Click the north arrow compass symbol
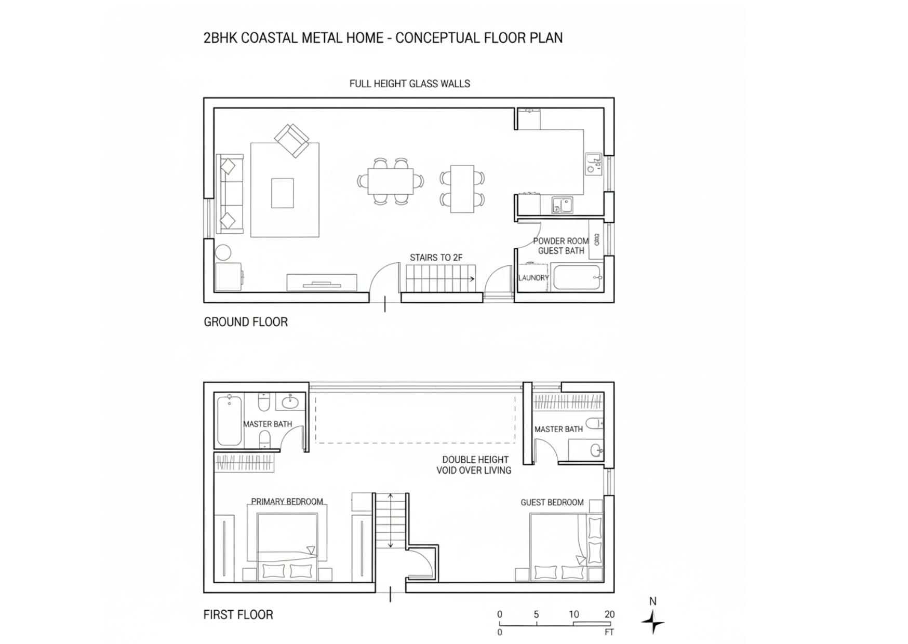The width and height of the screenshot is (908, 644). (x=653, y=621)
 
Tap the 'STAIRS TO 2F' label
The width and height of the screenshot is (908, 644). (x=436, y=258)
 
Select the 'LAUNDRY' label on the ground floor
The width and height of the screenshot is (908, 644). (x=533, y=278)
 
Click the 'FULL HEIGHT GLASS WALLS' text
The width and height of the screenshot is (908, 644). (x=409, y=84)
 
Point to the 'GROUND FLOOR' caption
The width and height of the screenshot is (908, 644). (x=246, y=322)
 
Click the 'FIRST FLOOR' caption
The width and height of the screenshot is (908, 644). (x=238, y=615)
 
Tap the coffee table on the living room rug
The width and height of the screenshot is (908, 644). (x=283, y=193)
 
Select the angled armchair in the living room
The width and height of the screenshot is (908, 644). (x=292, y=140)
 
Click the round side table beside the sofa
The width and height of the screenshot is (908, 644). (x=223, y=252)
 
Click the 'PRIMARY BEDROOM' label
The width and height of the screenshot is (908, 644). (x=287, y=502)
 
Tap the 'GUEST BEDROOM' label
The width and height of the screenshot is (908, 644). (x=552, y=503)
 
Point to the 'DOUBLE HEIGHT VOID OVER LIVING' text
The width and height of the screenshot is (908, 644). (x=474, y=465)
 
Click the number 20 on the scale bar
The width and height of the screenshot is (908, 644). (x=609, y=614)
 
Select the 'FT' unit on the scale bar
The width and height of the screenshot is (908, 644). (x=609, y=633)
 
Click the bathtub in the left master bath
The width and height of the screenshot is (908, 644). (x=229, y=420)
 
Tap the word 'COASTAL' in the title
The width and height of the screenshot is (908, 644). (x=270, y=38)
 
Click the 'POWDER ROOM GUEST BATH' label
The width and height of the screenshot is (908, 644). (x=561, y=246)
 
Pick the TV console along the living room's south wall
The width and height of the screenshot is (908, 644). (x=322, y=283)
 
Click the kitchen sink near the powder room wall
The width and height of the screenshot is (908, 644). (x=562, y=205)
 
